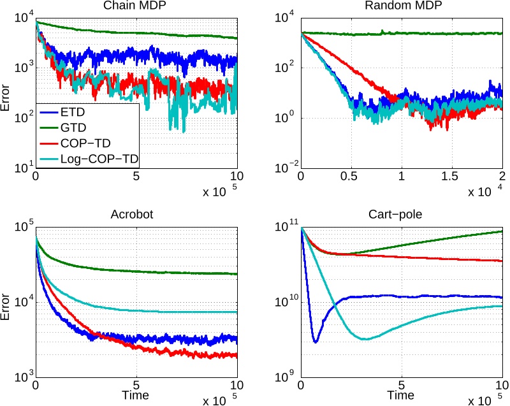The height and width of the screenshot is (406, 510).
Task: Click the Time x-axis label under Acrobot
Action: click(136, 396)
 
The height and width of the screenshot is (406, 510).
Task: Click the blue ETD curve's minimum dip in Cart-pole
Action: click(315, 342)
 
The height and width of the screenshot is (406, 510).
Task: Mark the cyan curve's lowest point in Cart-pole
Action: click(365, 339)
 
